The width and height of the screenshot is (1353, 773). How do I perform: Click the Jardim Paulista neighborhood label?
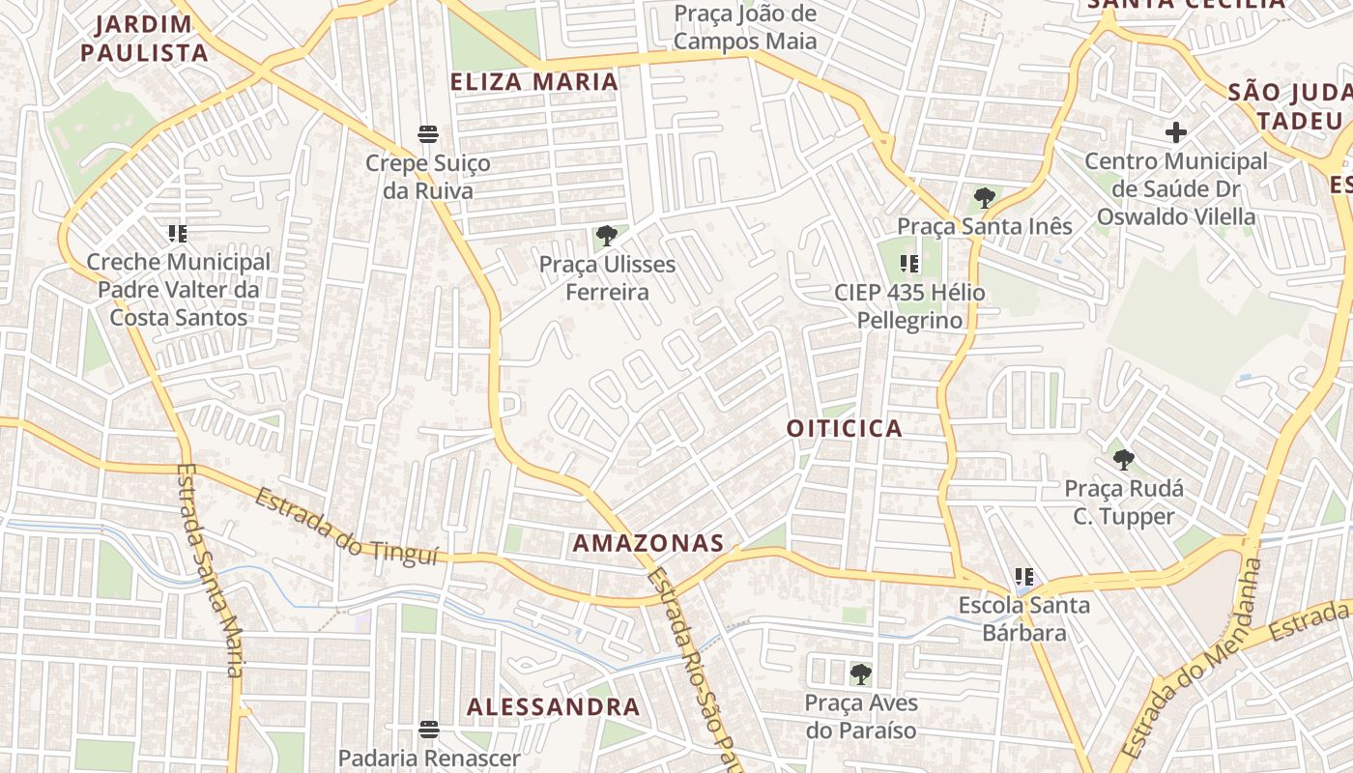coord(144,39)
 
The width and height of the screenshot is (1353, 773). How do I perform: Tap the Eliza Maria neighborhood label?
coord(534,82)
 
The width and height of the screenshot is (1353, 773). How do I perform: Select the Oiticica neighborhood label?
coord(844,428)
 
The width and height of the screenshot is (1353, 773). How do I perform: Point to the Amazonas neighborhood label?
coord(648,543)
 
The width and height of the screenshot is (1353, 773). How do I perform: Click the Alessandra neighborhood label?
coord(553,706)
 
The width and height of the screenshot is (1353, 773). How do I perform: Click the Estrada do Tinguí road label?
coord(347,527)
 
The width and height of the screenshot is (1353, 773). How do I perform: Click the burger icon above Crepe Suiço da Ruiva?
coord(427,133)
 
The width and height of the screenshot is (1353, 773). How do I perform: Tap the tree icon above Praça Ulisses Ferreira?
coord(607,235)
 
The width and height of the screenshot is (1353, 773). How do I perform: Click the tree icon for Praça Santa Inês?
coord(984,198)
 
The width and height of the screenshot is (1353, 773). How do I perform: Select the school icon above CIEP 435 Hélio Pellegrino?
coord(908,263)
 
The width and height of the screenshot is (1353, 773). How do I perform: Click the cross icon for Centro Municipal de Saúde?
coord(1175,131)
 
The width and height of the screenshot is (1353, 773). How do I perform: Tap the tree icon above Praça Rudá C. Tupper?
coord(1122,459)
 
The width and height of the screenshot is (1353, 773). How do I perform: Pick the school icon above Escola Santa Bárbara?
coord(1024,578)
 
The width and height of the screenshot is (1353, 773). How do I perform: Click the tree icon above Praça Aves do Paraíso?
coord(860,673)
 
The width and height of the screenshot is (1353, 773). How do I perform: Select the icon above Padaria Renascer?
coord(428,729)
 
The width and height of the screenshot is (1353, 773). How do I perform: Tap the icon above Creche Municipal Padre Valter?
coord(178,233)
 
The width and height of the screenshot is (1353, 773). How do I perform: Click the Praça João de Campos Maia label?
coord(744,27)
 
